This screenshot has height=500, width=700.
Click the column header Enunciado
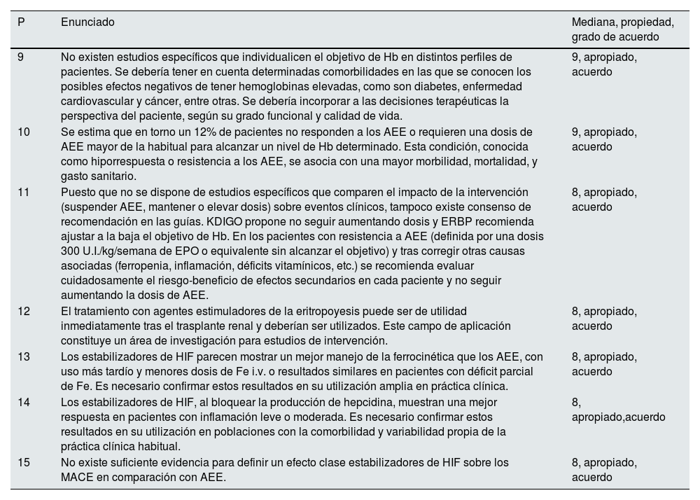(87, 22)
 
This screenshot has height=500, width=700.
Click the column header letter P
(22, 22)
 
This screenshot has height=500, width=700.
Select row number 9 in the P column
(22, 57)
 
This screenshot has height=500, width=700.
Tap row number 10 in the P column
(24, 132)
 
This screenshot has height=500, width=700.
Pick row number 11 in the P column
(24, 192)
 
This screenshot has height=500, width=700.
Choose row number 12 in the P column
(24, 311)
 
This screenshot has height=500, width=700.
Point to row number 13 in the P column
(24, 356)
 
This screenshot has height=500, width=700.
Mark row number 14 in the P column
(24, 402)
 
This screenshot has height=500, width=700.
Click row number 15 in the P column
(24, 462)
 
